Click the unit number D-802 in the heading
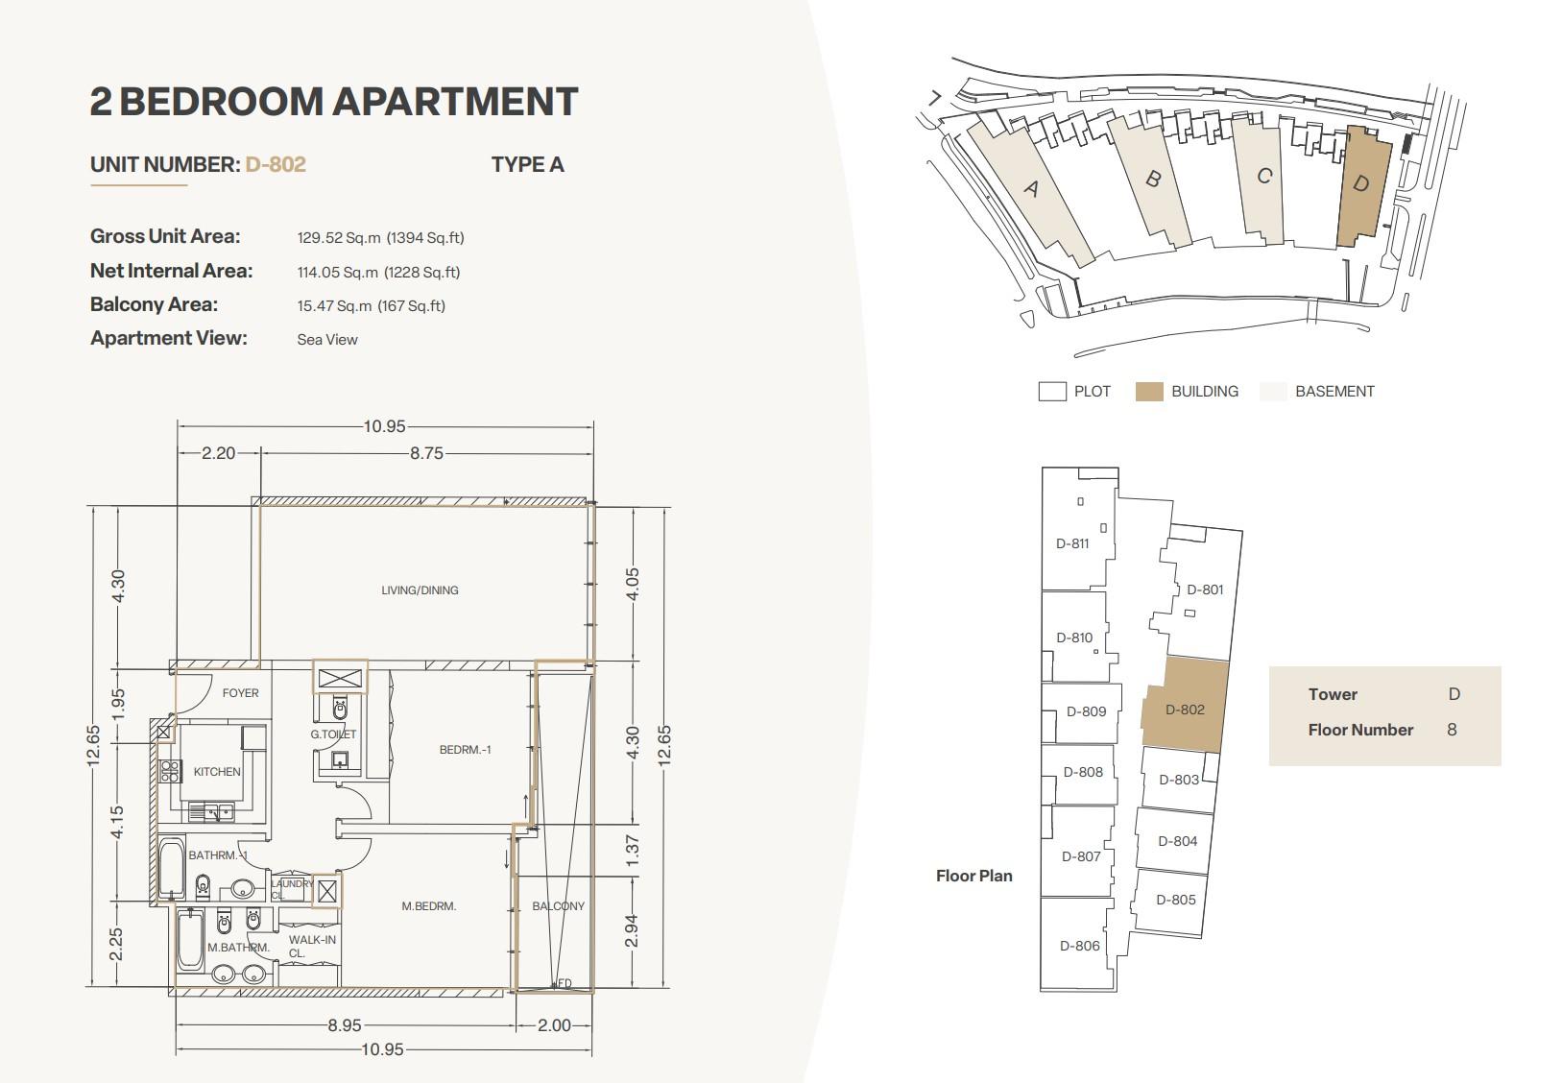(276, 164)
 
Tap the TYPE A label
(527, 164)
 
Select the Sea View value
(327, 340)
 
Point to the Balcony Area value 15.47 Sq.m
(334, 306)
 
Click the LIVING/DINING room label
(420, 590)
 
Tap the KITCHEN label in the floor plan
(217, 771)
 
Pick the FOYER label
(241, 692)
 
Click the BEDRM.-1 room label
(465, 750)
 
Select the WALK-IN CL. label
(312, 947)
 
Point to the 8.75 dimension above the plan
(426, 453)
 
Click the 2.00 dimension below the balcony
(554, 1025)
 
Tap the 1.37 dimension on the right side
(632, 851)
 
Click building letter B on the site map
(1153, 179)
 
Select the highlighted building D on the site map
(1363, 187)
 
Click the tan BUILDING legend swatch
(1149, 391)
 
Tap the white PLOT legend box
(1052, 391)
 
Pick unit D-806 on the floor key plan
(1079, 946)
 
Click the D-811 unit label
(1072, 543)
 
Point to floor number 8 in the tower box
(1452, 730)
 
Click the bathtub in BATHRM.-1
(172, 868)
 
